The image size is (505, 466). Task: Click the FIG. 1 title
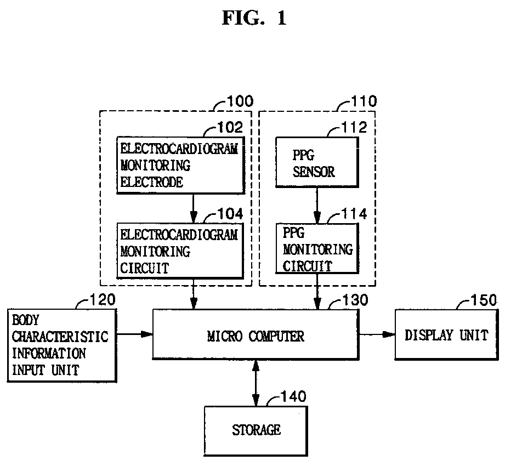[254, 18]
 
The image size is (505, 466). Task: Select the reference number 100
[240, 101]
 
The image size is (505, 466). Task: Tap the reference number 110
[364, 101]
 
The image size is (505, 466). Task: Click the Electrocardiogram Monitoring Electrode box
[179, 166]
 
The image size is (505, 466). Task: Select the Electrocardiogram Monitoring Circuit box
[179, 251]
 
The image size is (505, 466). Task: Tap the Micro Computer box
[256, 336]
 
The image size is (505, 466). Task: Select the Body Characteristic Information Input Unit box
[61, 345]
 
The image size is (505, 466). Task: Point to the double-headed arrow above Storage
[256, 383]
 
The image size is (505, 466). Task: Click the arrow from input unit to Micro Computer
[134, 333]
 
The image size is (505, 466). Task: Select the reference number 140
[294, 396]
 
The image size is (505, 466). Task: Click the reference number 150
[484, 300]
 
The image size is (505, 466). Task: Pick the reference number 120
[103, 299]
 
